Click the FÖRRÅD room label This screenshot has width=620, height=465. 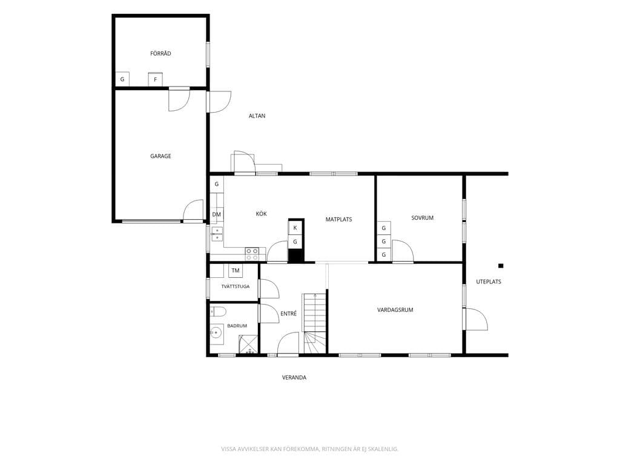[160, 53]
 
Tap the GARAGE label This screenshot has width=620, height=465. [160, 156]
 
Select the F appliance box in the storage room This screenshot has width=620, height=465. [156, 79]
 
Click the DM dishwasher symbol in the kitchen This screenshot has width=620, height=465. [217, 215]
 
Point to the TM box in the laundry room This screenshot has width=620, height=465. [236, 271]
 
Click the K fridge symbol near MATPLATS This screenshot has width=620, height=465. [295, 228]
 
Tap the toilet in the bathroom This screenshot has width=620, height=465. [217, 312]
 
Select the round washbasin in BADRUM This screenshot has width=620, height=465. [216, 333]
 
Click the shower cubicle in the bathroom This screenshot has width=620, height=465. [248, 344]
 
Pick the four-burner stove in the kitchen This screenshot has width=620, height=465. [252, 254]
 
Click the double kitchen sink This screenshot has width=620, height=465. [217, 234]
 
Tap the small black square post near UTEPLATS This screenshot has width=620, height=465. [501, 266]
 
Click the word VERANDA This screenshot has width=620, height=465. [294, 378]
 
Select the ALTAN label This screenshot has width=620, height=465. [257, 116]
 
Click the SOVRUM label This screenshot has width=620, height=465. [422, 218]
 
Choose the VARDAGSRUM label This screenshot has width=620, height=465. [395, 310]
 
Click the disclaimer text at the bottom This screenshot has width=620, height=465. [309, 449]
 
